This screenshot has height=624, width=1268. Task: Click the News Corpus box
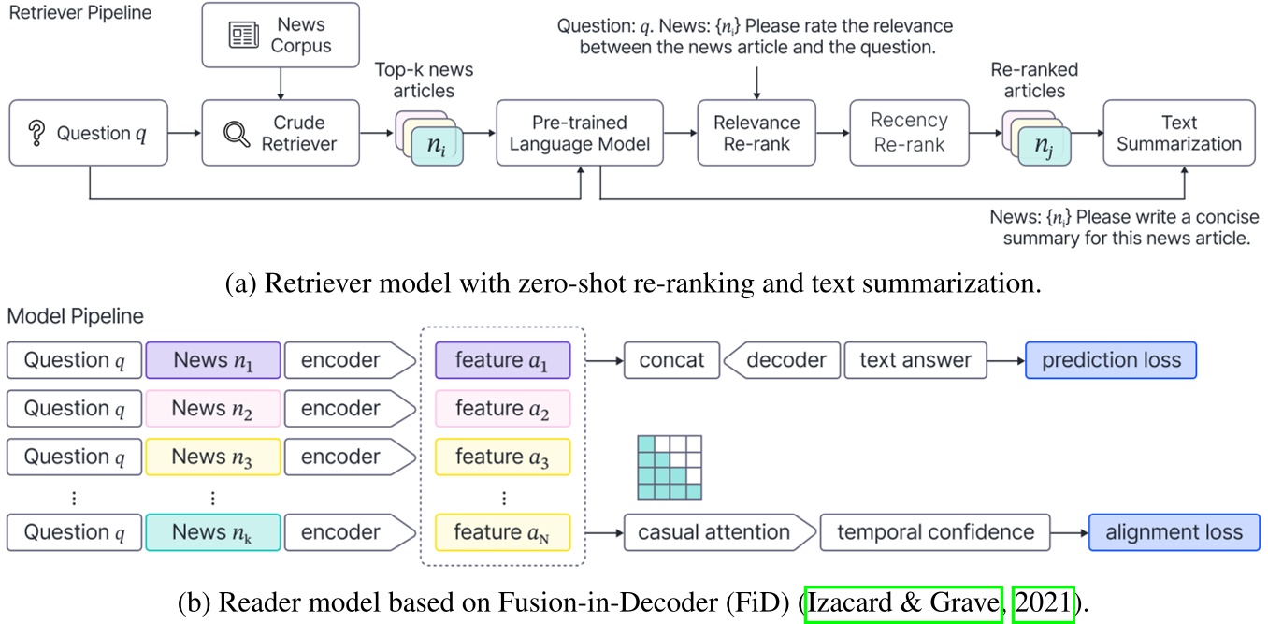pyautogui.click(x=281, y=35)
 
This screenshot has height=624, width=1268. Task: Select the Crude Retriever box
pyautogui.click(x=281, y=134)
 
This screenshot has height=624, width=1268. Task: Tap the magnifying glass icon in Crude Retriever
pyautogui.click(x=238, y=134)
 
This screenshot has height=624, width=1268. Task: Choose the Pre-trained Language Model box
pyautogui.click(x=580, y=134)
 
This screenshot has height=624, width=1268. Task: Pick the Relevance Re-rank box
pyautogui.click(x=756, y=134)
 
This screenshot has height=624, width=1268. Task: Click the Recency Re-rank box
pyautogui.click(x=908, y=134)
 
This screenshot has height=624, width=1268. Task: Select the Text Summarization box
pyautogui.click(x=1178, y=134)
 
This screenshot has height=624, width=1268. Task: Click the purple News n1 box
pyautogui.click(x=212, y=360)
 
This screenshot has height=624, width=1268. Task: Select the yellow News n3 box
pyautogui.click(x=212, y=457)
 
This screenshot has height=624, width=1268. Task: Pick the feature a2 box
pyautogui.click(x=502, y=409)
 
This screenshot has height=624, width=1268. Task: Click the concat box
pyautogui.click(x=670, y=360)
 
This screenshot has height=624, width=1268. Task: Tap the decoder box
pyautogui.click(x=785, y=360)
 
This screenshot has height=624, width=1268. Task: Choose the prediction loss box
pyautogui.click(x=1110, y=360)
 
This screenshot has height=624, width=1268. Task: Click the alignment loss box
pyautogui.click(x=1174, y=532)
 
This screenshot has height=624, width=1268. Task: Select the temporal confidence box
pyautogui.click(x=935, y=532)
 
